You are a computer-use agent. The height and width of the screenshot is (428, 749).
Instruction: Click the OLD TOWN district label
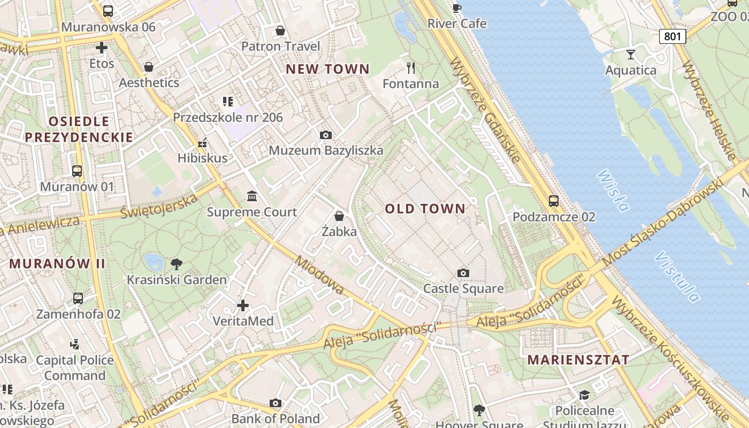coord(425,209)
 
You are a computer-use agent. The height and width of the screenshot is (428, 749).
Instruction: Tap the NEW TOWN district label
coord(327,69)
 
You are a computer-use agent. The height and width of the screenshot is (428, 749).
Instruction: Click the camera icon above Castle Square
coord(463,273)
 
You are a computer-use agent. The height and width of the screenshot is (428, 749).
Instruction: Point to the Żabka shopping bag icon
coord(339,216)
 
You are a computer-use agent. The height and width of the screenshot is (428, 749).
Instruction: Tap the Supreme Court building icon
coord(252,196)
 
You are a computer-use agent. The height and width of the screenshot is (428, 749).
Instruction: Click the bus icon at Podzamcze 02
coord(554,201)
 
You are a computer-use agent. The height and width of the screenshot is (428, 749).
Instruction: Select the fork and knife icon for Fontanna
coord(411,68)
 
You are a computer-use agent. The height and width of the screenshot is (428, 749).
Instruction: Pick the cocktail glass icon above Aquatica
coord(631,54)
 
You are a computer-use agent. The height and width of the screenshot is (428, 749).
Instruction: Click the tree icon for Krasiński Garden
coord(176,264)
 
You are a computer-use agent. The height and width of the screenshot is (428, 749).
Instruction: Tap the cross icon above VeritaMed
coord(243,305)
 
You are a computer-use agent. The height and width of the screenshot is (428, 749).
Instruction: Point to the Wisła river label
coord(613,190)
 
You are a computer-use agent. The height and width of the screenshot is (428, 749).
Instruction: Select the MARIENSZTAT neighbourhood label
coord(578,360)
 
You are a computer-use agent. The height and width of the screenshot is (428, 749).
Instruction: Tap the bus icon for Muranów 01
coord(77,171)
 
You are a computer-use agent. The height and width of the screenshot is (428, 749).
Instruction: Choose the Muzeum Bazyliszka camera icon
coord(325,135)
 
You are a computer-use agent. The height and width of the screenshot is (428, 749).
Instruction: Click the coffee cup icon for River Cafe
coord(456,8)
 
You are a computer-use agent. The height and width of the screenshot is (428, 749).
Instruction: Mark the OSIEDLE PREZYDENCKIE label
coord(79,129)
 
